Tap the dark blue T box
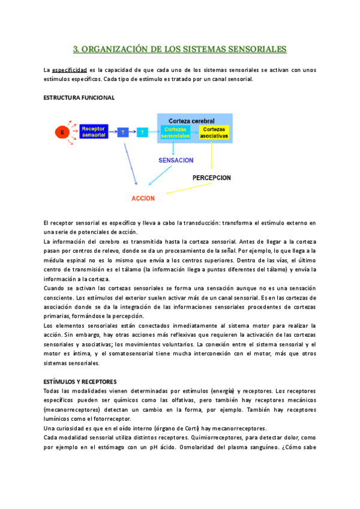pos(123,131)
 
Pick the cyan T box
pos(142,131)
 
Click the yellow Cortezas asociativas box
pos(214,132)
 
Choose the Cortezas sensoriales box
pos(176,132)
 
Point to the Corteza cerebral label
pos(191,120)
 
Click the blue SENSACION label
pos(176,160)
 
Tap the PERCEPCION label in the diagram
pos(212,178)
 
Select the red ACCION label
pos(143,198)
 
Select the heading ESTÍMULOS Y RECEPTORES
pos(80,382)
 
